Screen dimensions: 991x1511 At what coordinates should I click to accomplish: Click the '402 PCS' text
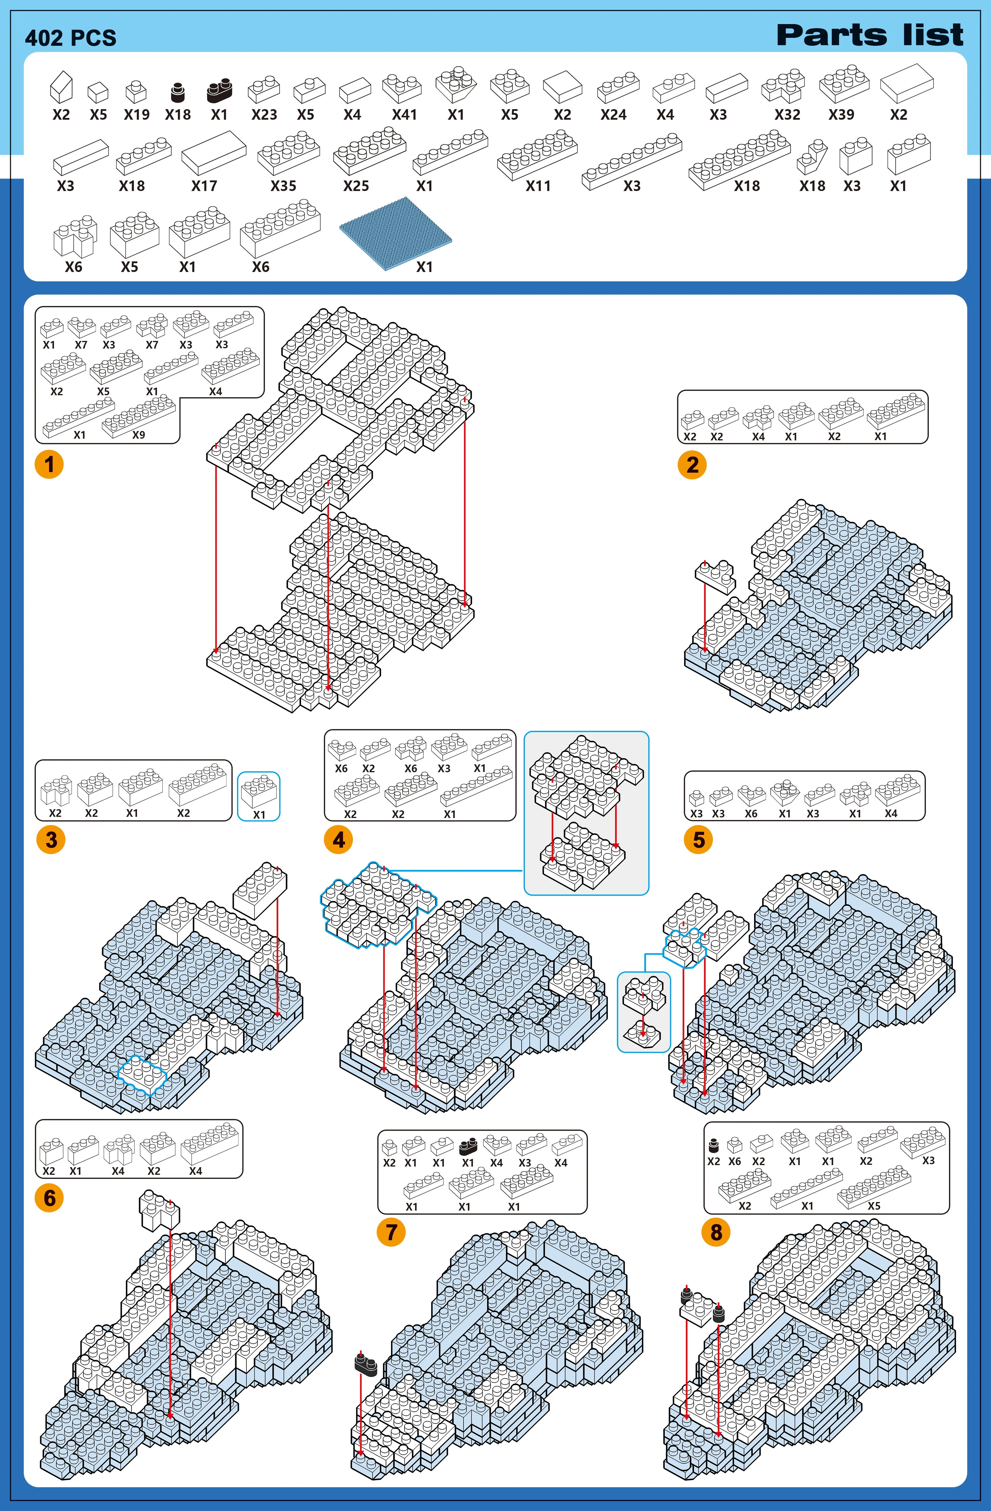[x=70, y=38]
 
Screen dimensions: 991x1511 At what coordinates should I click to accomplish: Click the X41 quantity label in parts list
[x=404, y=115]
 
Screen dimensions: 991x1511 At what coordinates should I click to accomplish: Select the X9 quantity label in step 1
[x=138, y=435]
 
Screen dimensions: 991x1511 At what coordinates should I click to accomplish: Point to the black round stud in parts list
[x=178, y=93]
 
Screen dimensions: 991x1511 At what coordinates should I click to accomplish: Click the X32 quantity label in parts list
[x=787, y=115]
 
